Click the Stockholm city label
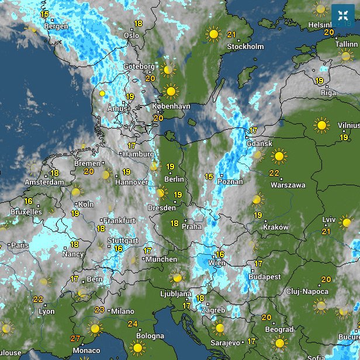(245, 46)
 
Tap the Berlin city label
(174, 179)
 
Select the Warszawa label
(288, 185)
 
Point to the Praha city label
(192, 226)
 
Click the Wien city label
(217, 263)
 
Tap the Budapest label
(265, 276)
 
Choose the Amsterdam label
(44, 182)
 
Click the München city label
(161, 259)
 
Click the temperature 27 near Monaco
(75, 338)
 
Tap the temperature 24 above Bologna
(133, 324)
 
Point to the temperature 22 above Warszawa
(274, 173)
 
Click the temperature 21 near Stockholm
(231, 34)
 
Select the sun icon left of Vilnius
(321, 124)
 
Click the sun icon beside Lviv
(347, 222)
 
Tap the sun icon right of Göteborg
(168, 70)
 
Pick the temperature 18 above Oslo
(138, 23)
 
